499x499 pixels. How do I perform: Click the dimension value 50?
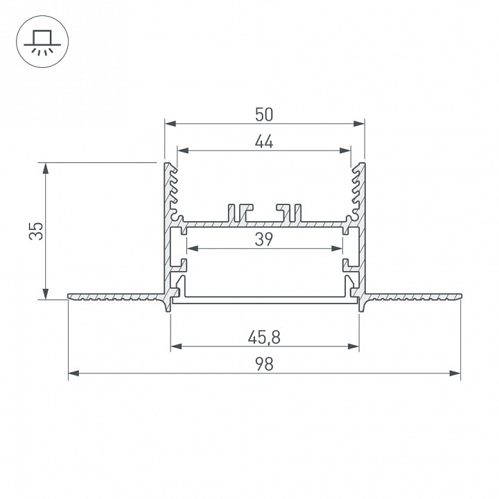tap(264, 114)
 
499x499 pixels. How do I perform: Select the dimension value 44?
tap(264, 141)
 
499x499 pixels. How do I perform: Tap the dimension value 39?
tap(264, 239)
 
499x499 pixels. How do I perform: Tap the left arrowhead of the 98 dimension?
tap(72, 374)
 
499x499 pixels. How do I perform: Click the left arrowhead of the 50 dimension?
tap(169, 124)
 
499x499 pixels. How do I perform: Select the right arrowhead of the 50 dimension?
tap(360, 124)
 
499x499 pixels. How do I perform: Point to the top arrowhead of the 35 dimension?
tap(46, 167)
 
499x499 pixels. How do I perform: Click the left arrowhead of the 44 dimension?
tap(182, 150)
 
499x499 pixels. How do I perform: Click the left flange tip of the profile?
tap(69, 297)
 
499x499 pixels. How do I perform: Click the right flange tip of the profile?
tap(459, 297)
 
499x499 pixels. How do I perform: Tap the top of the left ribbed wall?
tap(168, 165)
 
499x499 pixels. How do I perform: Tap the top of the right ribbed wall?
tap(360, 165)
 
